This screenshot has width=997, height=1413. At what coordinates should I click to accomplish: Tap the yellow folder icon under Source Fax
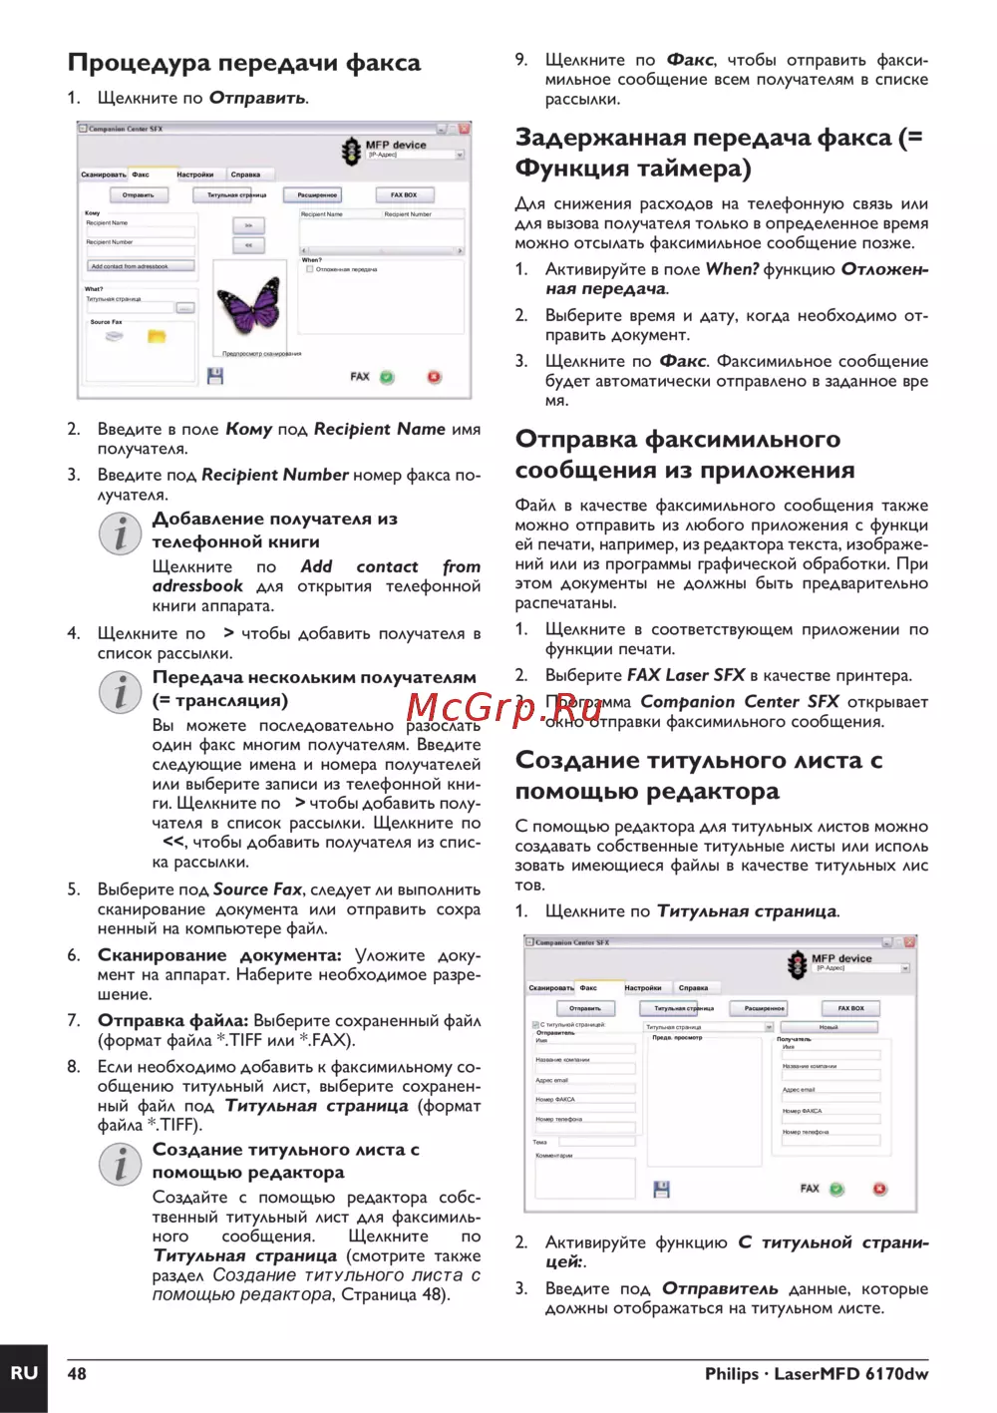(157, 337)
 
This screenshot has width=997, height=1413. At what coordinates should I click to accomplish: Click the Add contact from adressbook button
(140, 266)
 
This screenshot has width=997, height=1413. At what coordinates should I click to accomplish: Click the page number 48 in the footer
(77, 1374)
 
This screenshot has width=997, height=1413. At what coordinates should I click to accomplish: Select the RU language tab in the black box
(24, 1373)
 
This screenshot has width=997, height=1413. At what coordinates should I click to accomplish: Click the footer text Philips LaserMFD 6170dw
(816, 1374)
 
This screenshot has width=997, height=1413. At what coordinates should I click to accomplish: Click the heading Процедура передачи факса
(244, 63)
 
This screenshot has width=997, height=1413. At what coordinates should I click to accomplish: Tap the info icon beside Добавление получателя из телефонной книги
(120, 534)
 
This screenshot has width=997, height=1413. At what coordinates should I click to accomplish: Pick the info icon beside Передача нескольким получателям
(120, 692)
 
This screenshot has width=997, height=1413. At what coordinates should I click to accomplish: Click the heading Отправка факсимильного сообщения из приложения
(685, 455)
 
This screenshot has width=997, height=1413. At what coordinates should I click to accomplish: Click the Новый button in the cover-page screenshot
(829, 1026)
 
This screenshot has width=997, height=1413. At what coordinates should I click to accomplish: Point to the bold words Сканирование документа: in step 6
(219, 955)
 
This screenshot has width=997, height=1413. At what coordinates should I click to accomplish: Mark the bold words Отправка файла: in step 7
(173, 1021)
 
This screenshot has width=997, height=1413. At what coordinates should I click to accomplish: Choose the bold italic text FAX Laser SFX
(686, 675)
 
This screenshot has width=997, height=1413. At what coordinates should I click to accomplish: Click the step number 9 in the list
(520, 60)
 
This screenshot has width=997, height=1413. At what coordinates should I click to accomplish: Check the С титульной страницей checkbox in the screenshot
(536, 1024)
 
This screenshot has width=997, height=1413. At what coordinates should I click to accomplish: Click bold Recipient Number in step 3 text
(275, 475)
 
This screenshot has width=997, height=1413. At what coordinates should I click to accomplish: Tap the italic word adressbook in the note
(197, 586)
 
